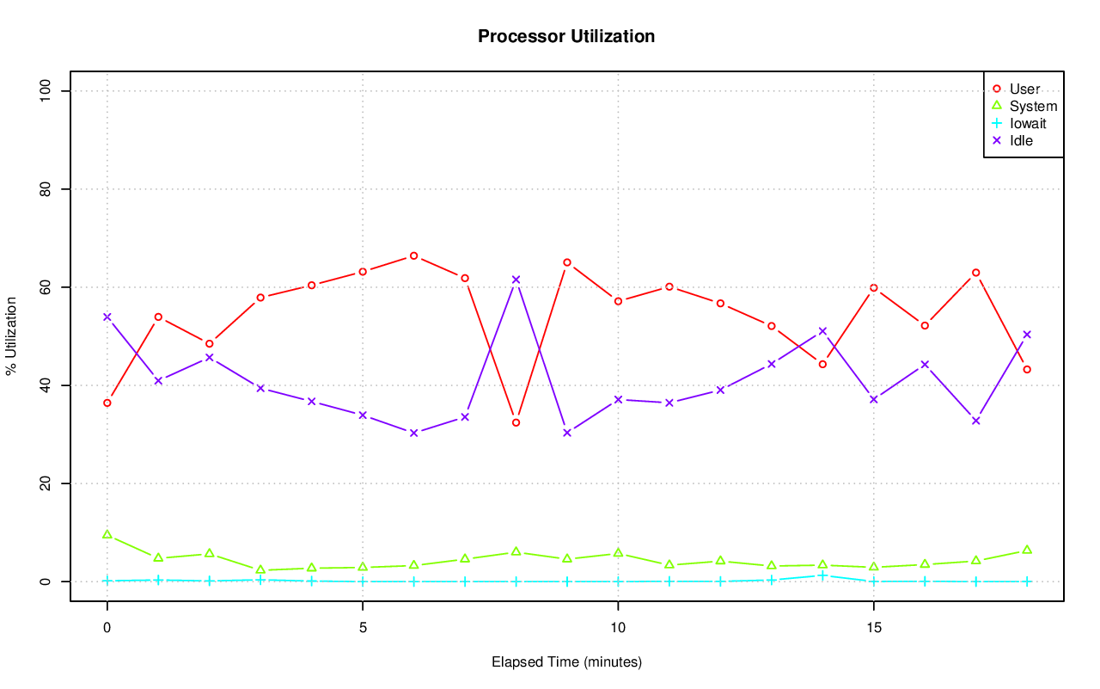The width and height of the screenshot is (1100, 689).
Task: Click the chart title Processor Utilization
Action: tap(566, 36)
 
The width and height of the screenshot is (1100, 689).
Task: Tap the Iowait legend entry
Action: tap(1028, 123)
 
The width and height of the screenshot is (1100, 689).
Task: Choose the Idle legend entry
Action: tap(1021, 140)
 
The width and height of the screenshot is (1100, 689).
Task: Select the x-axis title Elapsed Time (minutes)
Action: tap(566, 662)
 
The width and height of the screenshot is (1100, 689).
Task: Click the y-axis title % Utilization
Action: tap(12, 336)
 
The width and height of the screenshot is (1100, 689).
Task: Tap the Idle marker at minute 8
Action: tap(516, 280)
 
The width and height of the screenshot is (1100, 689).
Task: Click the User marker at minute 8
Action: tap(516, 422)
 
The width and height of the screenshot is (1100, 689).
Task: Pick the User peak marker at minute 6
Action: tap(413, 255)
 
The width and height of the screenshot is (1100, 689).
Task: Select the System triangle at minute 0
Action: tap(107, 534)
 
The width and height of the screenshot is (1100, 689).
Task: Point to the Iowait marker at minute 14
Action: tap(822, 575)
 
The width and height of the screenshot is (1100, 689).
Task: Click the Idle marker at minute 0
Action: tap(107, 317)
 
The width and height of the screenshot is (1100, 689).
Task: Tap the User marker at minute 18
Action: tap(1026, 369)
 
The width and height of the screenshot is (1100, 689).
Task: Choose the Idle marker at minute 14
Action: tap(822, 331)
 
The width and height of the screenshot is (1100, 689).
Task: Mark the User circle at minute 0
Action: tap(107, 403)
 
